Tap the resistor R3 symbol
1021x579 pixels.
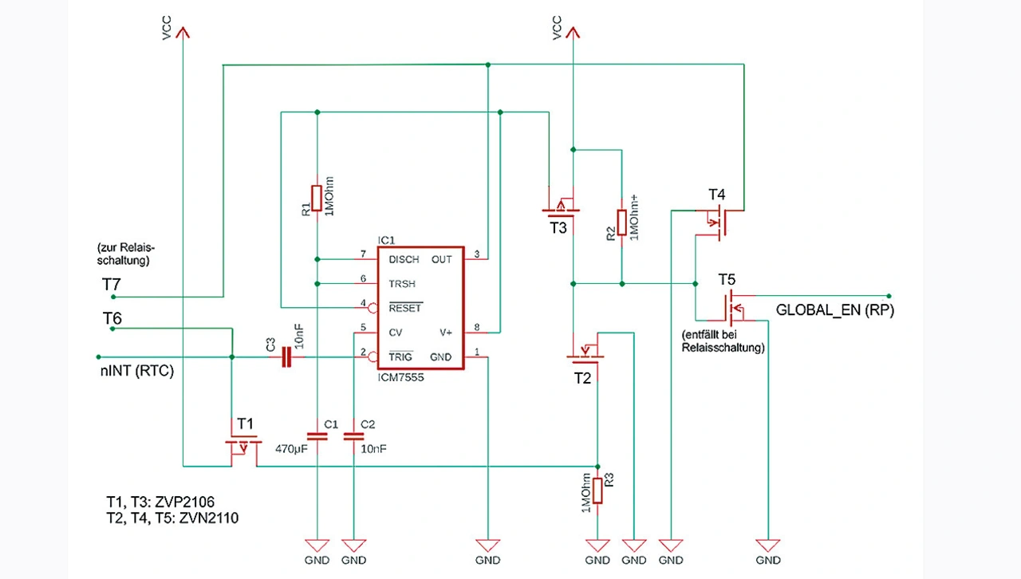pyautogui.click(x=597, y=490)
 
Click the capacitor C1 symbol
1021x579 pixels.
pyautogui.click(x=317, y=436)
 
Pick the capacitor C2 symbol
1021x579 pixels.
pyautogui.click(x=353, y=436)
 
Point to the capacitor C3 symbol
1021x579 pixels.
pyautogui.click(x=286, y=357)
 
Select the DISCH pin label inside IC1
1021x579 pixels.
pyautogui.click(x=403, y=260)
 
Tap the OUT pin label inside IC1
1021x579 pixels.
pyautogui.click(x=441, y=260)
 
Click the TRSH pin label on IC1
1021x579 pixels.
pyautogui.click(x=402, y=284)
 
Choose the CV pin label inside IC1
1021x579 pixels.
pyautogui.click(x=396, y=332)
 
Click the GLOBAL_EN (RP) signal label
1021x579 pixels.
pyautogui.click(x=835, y=312)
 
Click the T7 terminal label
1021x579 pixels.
pyautogui.click(x=112, y=284)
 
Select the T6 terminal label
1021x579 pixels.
pyautogui.click(x=112, y=319)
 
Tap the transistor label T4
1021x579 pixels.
pyautogui.click(x=717, y=195)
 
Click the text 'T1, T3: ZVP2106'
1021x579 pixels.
pyautogui.click(x=160, y=502)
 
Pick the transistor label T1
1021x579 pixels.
pyautogui.click(x=244, y=422)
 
